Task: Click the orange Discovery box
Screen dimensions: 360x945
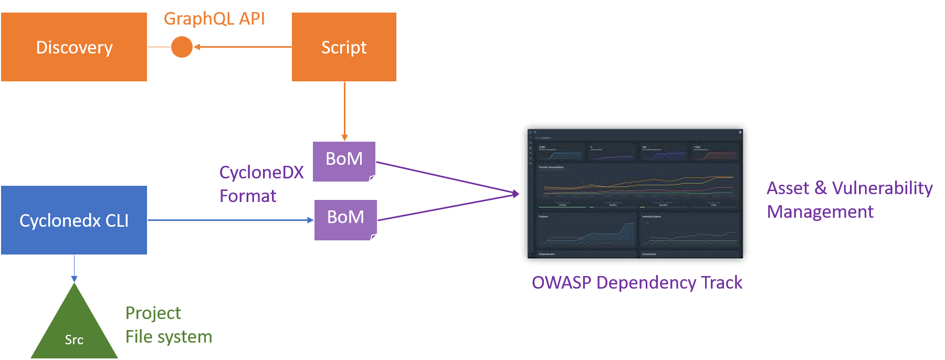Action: point(74,47)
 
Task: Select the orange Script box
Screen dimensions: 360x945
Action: point(344,47)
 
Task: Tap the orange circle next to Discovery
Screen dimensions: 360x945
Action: point(182,47)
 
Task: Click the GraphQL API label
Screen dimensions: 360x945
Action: point(214,19)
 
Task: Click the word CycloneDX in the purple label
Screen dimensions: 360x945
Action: point(261,173)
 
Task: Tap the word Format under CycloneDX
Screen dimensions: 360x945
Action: point(248,196)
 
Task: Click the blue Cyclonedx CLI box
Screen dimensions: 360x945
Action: point(74,220)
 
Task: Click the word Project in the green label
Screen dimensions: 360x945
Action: point(153,313)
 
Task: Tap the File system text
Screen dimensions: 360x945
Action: point(169,337)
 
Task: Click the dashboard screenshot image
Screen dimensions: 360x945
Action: point(635,194)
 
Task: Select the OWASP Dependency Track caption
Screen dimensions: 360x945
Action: point(637,283)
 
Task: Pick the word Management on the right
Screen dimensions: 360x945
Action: point(820,212)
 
